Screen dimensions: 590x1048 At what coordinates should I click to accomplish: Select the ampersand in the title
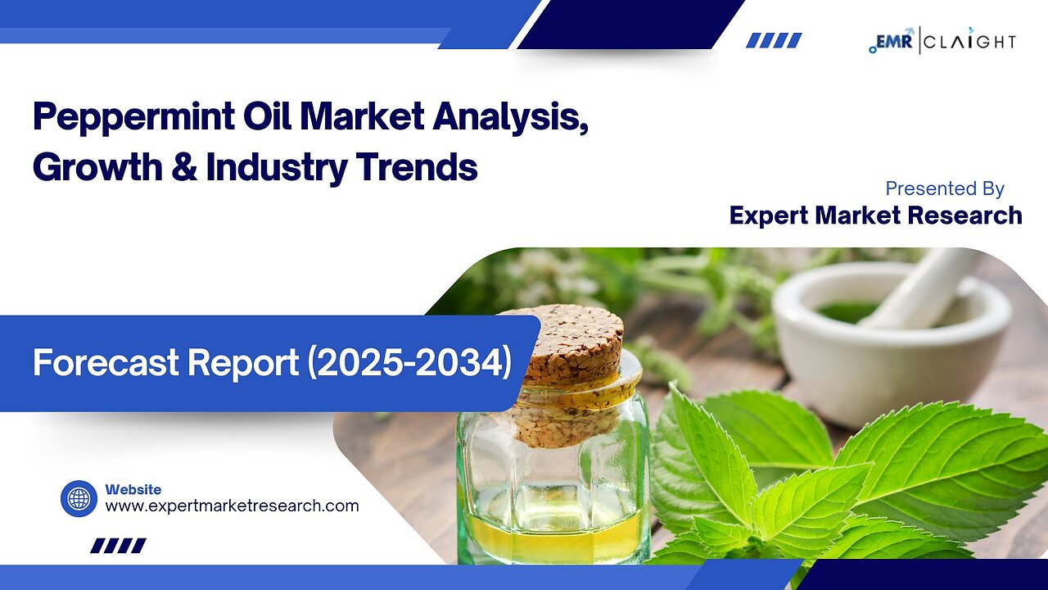pos(184,166)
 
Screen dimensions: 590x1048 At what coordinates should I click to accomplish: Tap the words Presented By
pos(944,188)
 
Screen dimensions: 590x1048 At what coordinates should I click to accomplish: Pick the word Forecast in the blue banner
pos(92,363)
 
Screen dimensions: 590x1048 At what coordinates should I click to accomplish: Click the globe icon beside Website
pos(79,498)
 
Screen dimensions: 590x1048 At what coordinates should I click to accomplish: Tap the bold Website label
pos(133,489)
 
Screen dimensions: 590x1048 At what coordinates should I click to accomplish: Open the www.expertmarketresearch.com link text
pos(232,506)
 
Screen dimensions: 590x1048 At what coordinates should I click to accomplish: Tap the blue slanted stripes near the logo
pos(773,40)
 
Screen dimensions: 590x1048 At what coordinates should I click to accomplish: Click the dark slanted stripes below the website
pos(117,545)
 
